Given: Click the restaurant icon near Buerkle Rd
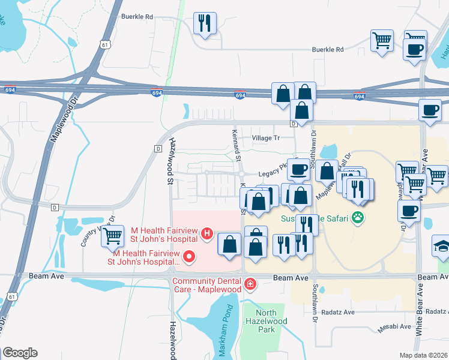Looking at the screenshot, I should point(205,24).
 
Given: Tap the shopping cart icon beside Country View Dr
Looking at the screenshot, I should point(112,236).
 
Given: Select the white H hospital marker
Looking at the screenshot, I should point(207,233).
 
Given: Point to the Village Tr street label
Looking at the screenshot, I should point(266,138).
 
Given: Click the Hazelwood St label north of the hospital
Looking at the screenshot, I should point(170,160).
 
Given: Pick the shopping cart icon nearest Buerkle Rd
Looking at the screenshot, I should point(382,41).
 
